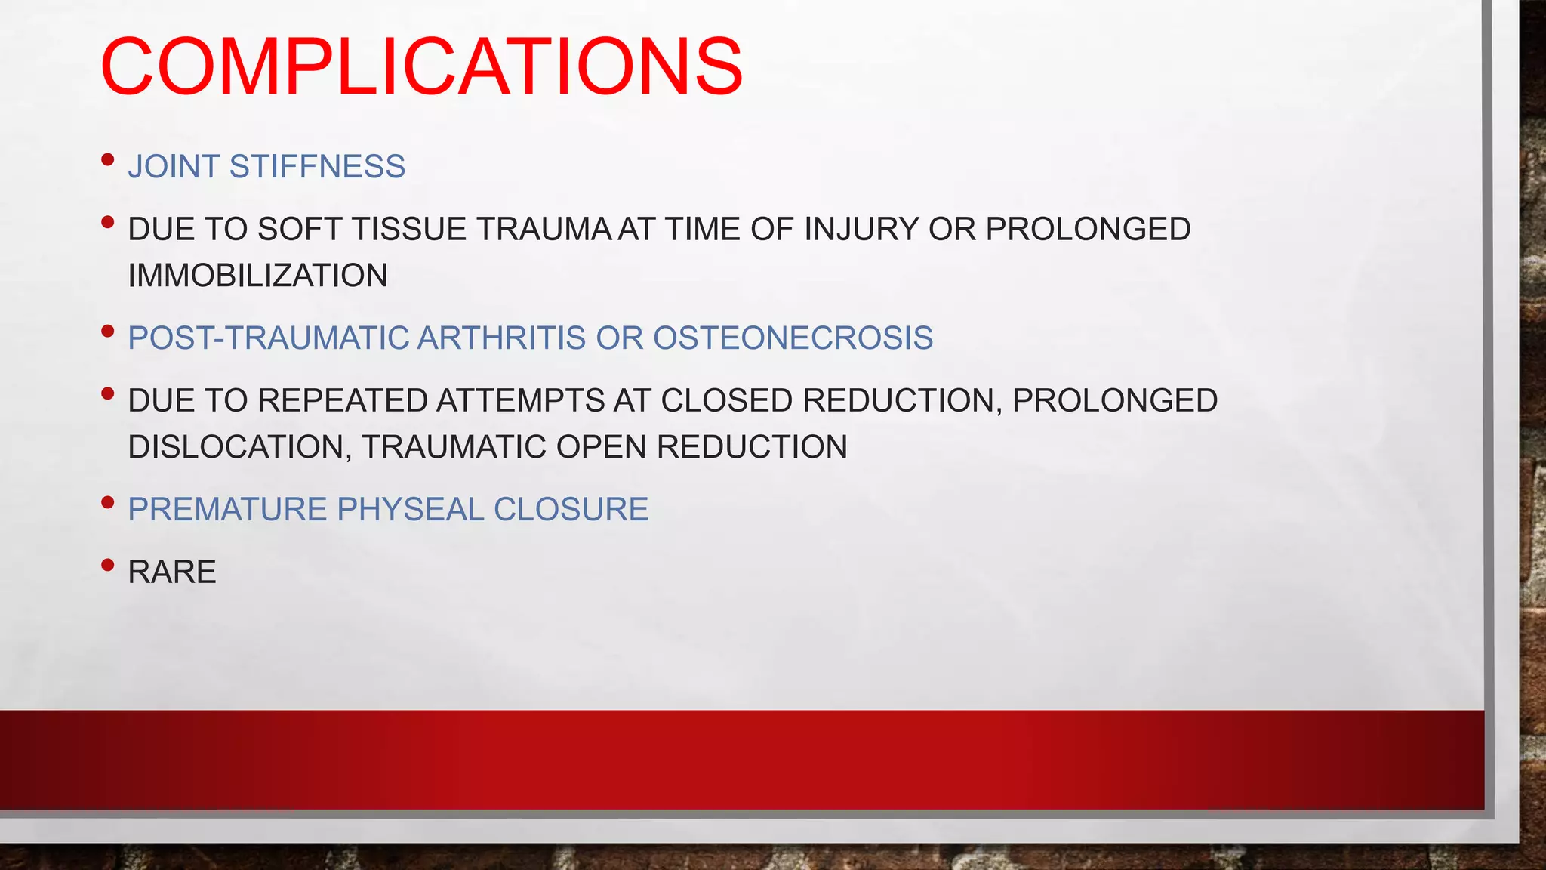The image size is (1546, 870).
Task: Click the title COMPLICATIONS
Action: coord(421,67)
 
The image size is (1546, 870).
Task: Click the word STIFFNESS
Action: coord(317,167)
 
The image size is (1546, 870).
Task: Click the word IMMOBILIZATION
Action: coord(257,276)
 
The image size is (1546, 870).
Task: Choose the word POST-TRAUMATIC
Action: coord(267,338)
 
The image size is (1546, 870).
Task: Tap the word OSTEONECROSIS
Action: coord(793,338)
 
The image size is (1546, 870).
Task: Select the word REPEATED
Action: coord(343,401)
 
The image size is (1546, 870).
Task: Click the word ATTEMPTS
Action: coord(520,401)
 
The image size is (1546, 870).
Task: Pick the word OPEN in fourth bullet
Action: coord(601,447)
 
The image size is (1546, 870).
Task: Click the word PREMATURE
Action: coord(227,510)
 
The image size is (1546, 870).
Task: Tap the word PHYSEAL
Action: coord(410,510)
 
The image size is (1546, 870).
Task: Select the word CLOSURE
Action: coord(571,510)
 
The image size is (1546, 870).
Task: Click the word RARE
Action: coord(172,572)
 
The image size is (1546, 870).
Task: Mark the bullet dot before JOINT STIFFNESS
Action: coord(107,159)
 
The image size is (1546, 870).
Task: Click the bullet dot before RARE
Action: coord(107,564)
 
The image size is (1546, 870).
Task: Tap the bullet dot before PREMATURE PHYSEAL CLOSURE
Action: coord(107,501)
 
